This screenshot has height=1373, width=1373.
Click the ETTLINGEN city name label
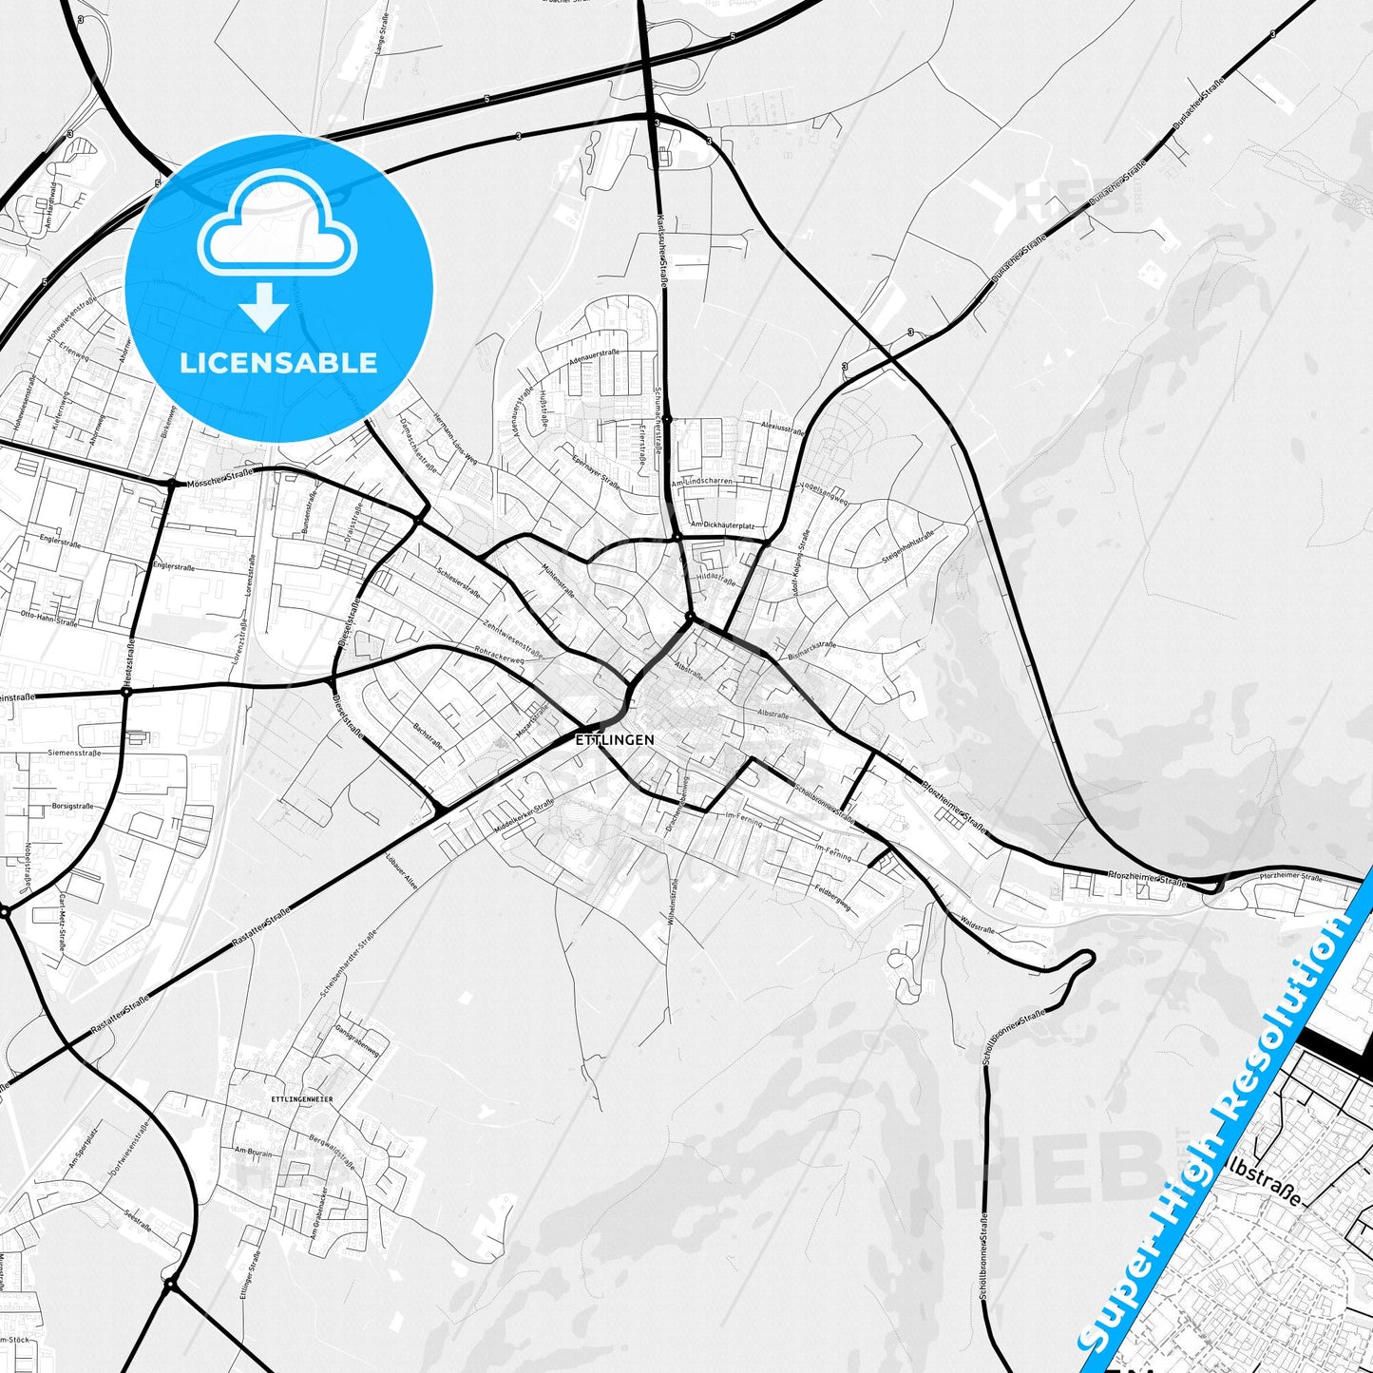[614, 739]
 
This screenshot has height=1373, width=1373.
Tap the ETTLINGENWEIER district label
[301, 1099]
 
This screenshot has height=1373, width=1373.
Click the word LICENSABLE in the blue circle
[278, 362]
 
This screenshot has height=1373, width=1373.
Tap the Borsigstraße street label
[72, 806]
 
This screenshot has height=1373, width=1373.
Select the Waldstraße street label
[977, 924]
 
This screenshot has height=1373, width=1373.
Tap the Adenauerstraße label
[594, 357]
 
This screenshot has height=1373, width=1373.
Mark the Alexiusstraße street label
[782, 428]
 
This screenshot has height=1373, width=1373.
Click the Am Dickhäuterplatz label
[723, 524]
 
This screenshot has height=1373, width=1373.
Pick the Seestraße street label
[138, 1220]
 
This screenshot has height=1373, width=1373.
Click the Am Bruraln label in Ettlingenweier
[253, 1152]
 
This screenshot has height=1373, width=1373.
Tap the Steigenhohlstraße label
[907, 547]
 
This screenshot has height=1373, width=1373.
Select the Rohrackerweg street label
[500, 655]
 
